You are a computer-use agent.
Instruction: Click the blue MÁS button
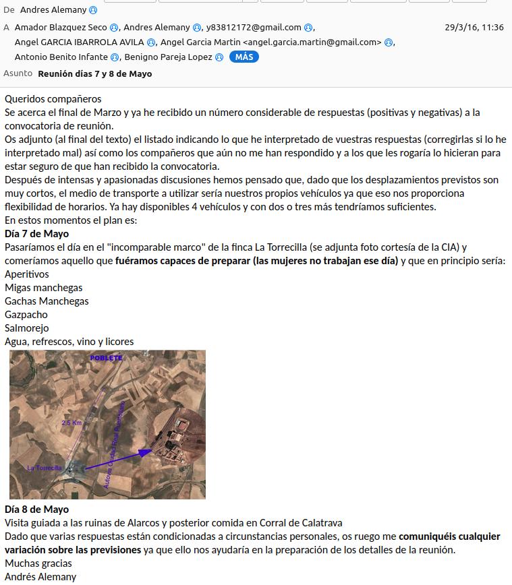[x=244, y=57]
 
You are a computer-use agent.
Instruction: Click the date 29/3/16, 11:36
[x=474, y=28]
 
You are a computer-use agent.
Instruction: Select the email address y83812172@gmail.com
[x=253, y=28]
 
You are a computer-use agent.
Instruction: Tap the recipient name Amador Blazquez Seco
[x=61, y=28]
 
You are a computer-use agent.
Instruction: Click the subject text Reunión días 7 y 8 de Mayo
[x=94, y=74]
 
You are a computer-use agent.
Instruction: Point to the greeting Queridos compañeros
[x=53, y=99]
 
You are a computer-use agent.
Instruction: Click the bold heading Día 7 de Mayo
[x=36, y=234]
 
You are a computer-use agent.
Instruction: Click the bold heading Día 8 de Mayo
[x=36, y=509]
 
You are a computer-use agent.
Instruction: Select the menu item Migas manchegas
[x=43, y=288]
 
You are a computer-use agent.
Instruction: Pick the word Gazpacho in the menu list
[x=26, y=315]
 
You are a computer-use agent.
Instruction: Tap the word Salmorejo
[x=27, y=328]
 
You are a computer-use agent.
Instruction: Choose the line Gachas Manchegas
[x=47, y=301]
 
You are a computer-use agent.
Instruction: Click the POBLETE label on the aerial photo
[x=107, y=358]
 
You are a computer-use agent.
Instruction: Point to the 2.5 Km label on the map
[x=72, y=423]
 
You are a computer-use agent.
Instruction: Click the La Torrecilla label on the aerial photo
[x=45, y=468]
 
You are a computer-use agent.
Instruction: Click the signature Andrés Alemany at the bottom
[x=40, y=576]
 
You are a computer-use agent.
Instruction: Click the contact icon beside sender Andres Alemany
[x=93, y=10]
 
